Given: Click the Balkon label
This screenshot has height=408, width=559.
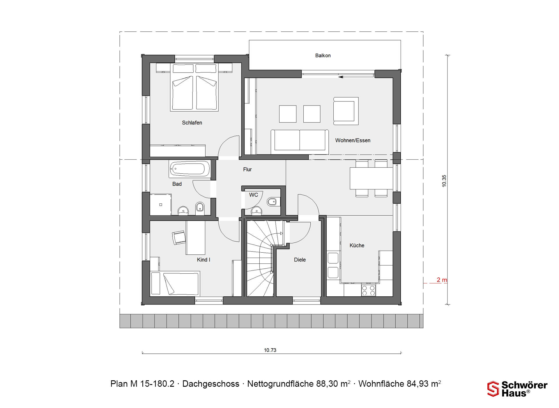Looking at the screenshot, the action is click(x=323, y=55).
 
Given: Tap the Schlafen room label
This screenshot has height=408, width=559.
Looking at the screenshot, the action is click(x=192, y=123).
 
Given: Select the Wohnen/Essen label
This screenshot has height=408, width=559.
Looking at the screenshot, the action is click(x=353, y=140).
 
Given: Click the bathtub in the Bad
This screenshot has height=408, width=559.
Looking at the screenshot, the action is click(x=190, y=169).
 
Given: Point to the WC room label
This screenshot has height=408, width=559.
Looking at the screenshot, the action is click(x=253, y=195).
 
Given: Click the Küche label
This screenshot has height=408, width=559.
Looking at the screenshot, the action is click(x=357, y=245).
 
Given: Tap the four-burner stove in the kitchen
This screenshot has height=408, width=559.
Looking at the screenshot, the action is click(x=368, y=290).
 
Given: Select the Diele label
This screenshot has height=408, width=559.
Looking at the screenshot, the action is click(x=300, y=260).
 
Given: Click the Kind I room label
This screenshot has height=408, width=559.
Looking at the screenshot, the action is click(x=203, y=260).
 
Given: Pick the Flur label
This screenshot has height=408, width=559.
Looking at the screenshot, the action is click(x=247, y=169).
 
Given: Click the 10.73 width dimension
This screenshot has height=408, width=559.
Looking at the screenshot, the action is click(x=270, y=350).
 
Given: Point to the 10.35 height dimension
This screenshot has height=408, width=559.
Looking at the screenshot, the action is click(x=444, y=181).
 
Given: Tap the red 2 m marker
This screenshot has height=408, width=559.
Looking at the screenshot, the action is click(x=442, y=280).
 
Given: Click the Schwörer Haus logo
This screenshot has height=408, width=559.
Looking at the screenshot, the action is click(x=517, y=389).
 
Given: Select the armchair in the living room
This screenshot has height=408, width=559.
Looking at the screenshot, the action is click(x=346, y=111).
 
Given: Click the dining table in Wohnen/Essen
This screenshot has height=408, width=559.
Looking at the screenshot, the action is click(x=371, y=178).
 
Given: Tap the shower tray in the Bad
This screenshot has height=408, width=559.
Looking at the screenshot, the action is click(x=160, y=205).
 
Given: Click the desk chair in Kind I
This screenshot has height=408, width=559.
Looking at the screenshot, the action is click(x=179, y=237).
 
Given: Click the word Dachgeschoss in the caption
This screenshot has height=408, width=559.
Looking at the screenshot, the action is click(x=211, y=384).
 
